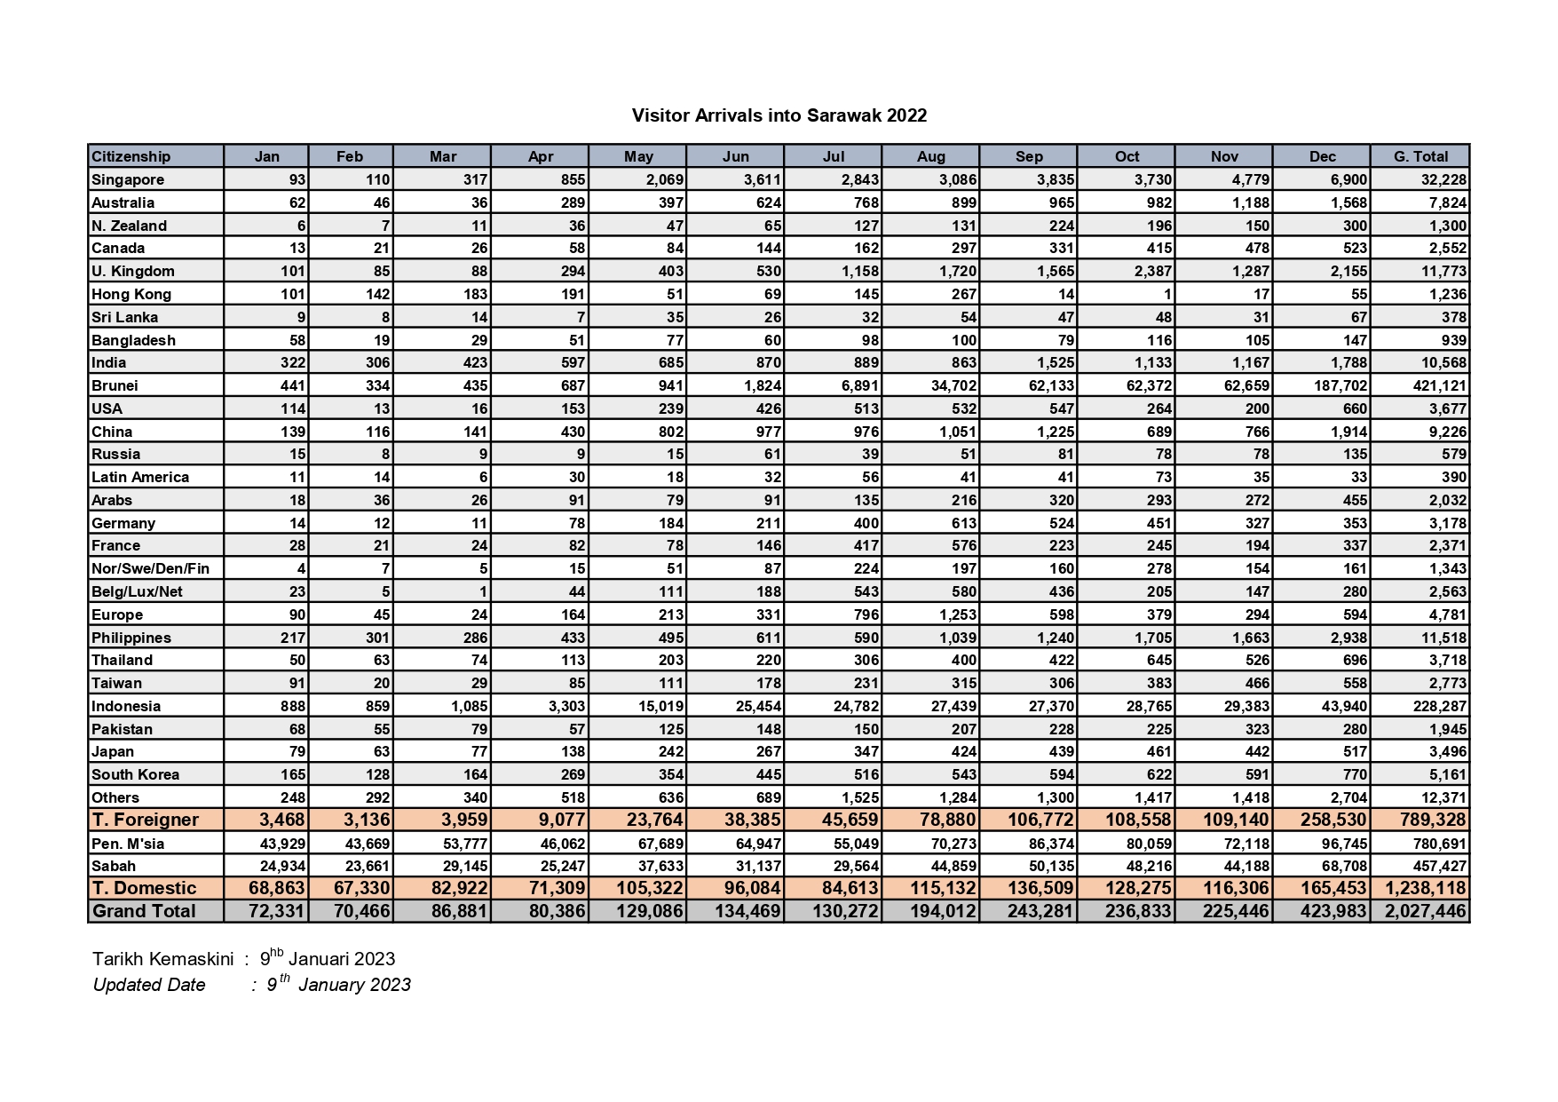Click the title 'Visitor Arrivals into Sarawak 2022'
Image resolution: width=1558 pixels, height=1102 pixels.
(x=779, y=115)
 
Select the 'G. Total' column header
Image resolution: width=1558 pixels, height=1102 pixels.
(x=1420, y=156)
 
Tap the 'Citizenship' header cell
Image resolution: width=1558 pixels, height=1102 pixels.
(x=131, y=156)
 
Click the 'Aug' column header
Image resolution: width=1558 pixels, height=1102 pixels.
(x=930, y=156)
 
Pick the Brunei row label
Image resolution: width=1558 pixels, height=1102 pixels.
(x=115, y=385)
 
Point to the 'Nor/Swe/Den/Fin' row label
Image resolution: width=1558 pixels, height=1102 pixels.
(x=151, y=568)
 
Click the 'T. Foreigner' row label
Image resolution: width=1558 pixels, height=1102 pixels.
(x=145, y=819)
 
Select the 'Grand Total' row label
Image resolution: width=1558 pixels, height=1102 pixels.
(x=144, y=911)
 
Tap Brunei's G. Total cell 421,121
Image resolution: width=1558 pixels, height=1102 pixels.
(x=1439, y=385)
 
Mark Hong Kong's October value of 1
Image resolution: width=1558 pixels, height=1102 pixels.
(x=1167, y=294)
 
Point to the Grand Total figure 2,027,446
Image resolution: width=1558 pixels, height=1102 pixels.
(x=1425, y=911)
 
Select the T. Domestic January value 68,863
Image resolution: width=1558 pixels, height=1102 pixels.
(x=276, y=888)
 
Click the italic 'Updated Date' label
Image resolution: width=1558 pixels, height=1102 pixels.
(x=149, y=985)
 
